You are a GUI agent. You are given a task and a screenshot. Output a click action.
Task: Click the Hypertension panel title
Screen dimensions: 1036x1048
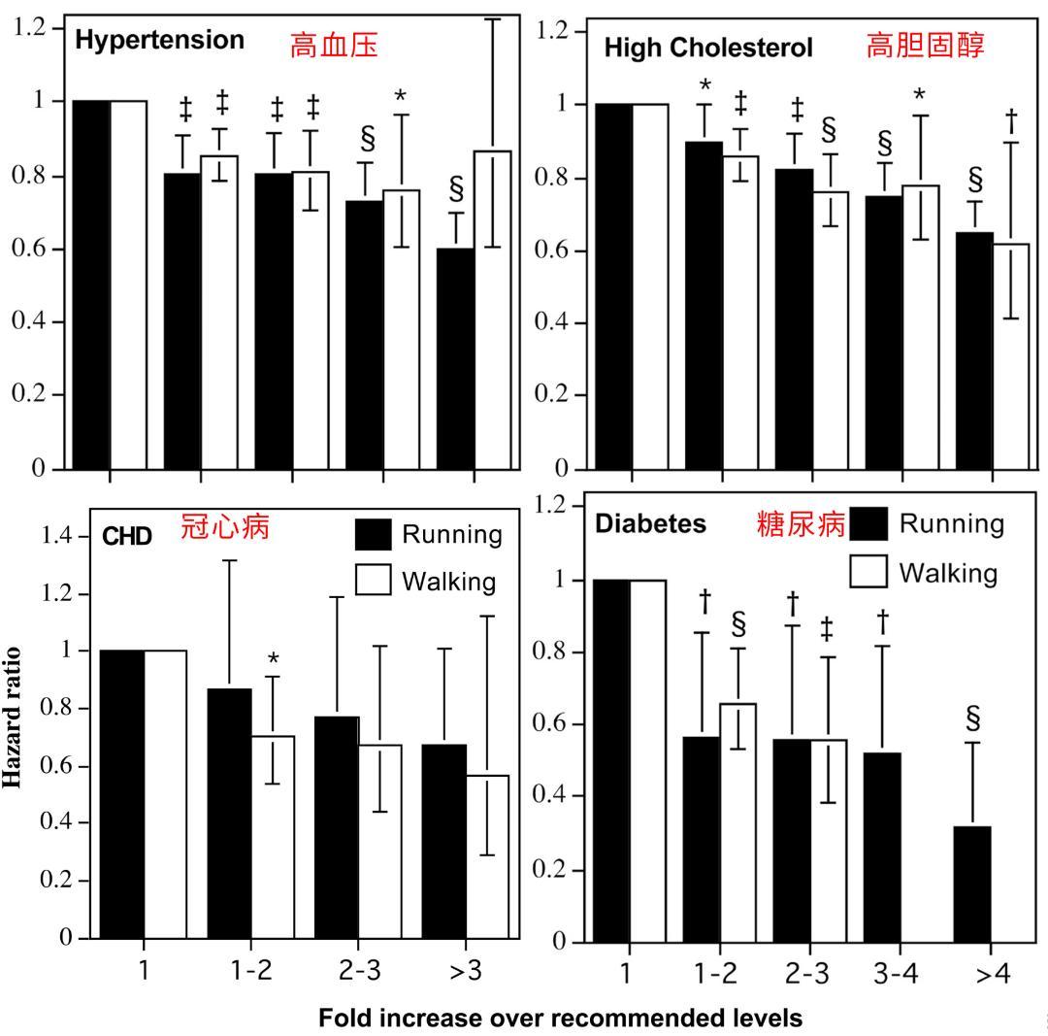pos(159,41)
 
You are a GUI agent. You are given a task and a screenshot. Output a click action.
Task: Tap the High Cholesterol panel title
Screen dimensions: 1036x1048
pos(708,48)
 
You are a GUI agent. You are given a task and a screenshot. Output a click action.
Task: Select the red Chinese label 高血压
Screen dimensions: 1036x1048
pos(334,45)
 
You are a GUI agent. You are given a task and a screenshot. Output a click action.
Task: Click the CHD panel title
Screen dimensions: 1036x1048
pos(127,536)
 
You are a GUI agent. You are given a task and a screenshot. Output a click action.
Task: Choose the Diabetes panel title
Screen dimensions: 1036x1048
pos(650,524)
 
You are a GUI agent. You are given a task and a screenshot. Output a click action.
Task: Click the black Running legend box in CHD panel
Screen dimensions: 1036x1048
pos(374,534)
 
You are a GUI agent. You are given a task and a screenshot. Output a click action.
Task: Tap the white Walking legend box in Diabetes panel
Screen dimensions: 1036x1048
pos(869,572)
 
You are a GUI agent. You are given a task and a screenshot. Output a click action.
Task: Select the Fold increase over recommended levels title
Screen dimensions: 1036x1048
pos(561,1019)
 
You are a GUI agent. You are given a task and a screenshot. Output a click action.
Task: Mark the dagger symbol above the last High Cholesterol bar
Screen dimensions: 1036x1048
pos(1011,121)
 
